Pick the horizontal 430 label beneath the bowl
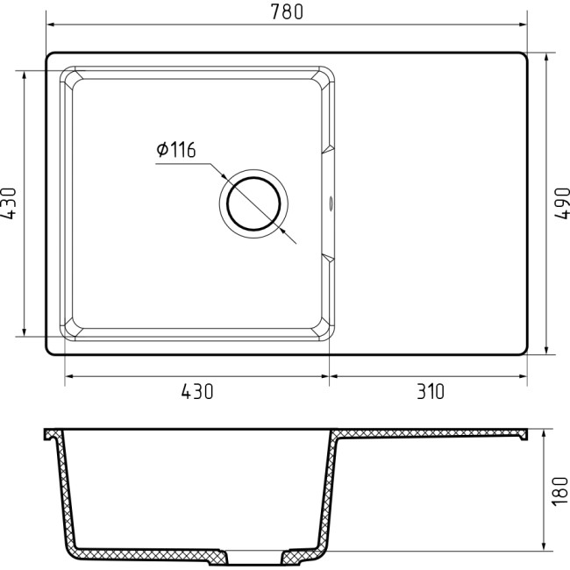pos(197,392)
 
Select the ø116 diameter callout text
pos(175,150)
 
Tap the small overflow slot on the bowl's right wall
pos(331,203)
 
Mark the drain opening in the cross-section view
pos(253,556)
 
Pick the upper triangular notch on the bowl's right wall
pos(328,150)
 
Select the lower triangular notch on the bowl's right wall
pos(328,257)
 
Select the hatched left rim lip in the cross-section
pos(52,435)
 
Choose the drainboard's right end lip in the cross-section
pos(524,434)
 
